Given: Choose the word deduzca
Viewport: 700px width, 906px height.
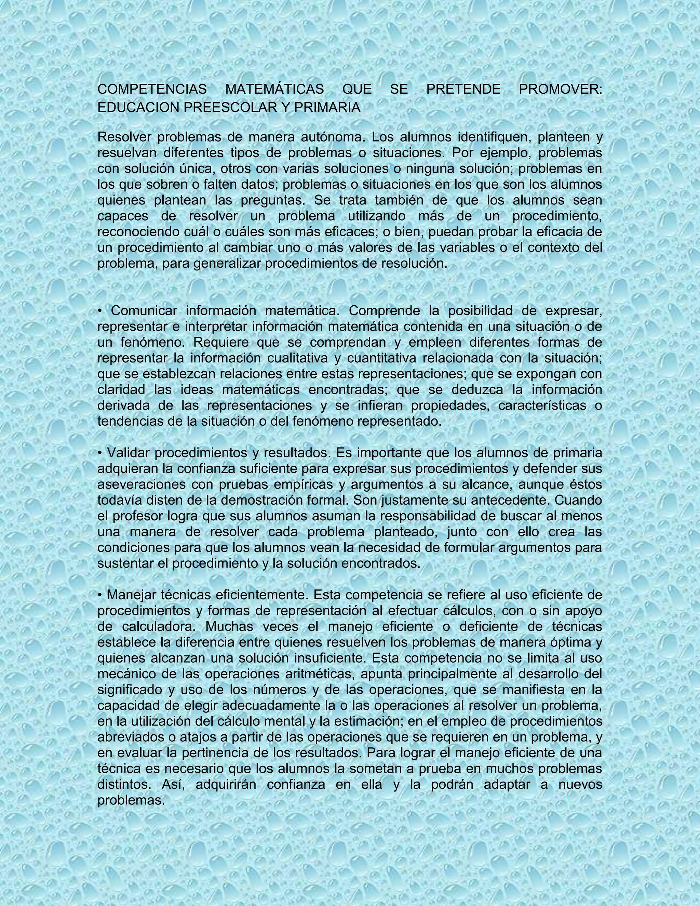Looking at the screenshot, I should [x=476, y=389].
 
